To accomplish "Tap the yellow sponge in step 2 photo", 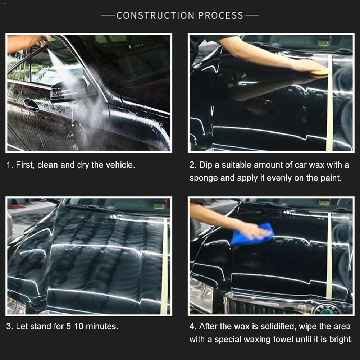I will (320, 73).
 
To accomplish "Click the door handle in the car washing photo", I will (32, 105).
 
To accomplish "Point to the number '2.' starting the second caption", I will (193, 165).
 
